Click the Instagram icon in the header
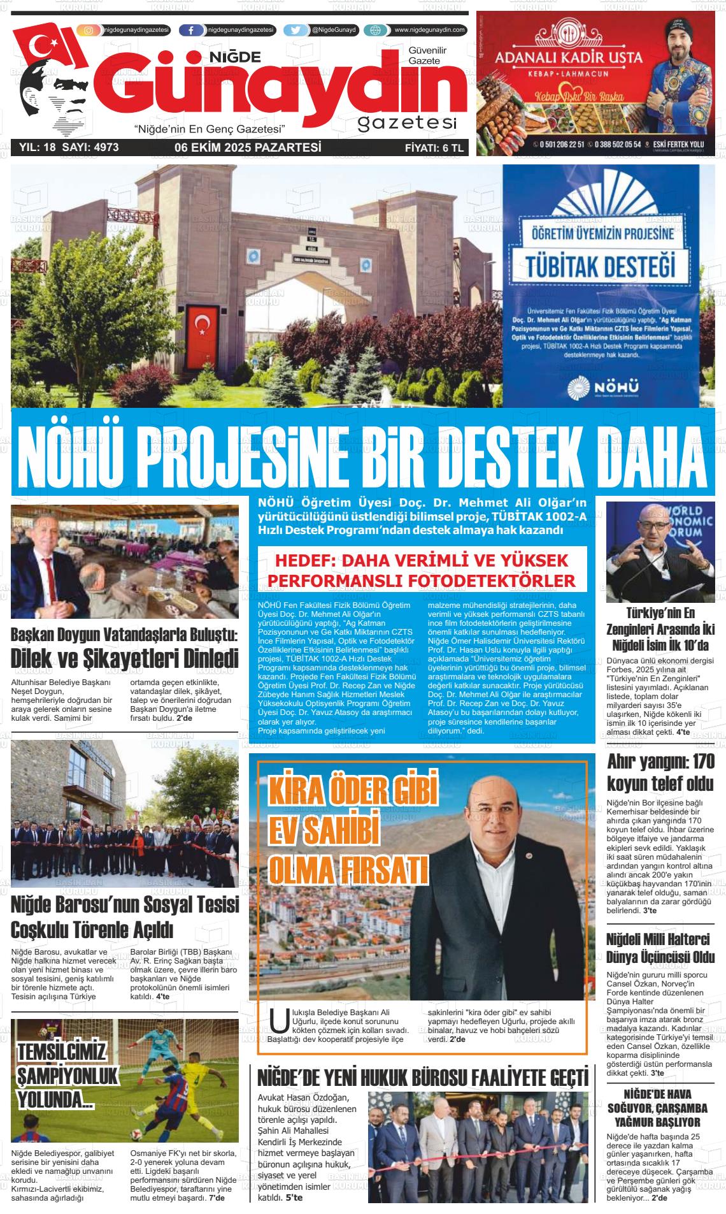tap(89, 30)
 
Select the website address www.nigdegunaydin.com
tap(430, 30)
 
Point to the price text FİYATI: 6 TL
tap(435, 148)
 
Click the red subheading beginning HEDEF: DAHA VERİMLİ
tap(421, 571)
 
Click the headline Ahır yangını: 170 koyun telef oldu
tap(660, 772)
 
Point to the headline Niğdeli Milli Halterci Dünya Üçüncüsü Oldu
tap(660, 949)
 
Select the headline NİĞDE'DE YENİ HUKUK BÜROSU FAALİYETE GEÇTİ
tap(422, 1078)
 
